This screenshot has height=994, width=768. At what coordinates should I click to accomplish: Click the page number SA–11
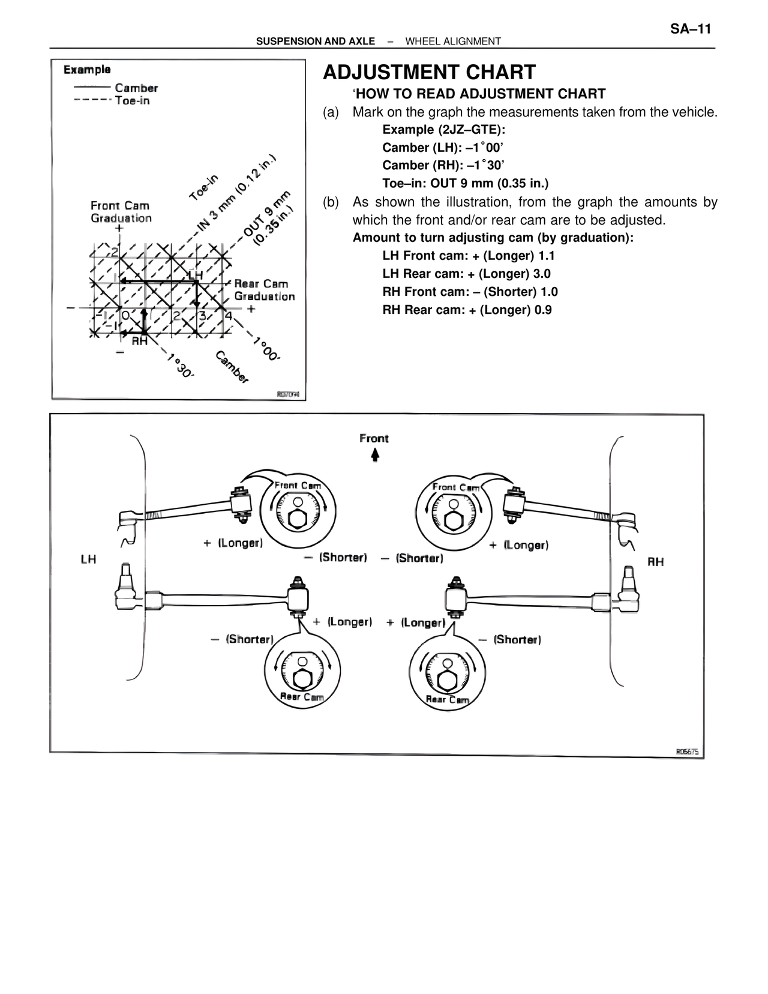pos(690,29)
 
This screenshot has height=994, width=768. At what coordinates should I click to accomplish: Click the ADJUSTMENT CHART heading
pos(429,73)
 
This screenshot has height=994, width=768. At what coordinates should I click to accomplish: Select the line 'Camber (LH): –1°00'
pos(442,148)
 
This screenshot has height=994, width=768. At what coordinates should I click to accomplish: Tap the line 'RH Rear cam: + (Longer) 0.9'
pos(467,310)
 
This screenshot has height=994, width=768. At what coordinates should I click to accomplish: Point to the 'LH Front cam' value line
pos(468,256)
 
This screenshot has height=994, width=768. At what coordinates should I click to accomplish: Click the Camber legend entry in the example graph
pos(136,88)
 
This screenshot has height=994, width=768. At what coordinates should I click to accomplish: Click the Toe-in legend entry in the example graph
pos(132,101)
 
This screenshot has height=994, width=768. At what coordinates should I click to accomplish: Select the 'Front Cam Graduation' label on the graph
pos(121,212)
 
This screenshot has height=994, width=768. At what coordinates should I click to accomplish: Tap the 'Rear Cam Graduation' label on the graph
pos(264,290)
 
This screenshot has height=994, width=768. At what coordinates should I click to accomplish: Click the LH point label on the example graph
pos(196,275)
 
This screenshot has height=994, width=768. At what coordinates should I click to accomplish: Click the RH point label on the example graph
pos(139,341)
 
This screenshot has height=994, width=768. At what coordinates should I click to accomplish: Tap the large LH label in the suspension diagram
pos(88,559)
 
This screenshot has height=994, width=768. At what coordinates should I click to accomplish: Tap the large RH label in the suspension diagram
pos(656,562)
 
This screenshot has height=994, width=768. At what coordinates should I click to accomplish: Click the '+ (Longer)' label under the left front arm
pos(233,543)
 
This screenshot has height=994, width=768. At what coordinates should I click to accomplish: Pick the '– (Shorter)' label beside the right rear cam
pos(510,640)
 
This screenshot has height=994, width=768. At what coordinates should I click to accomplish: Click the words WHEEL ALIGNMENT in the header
pos(453,41)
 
